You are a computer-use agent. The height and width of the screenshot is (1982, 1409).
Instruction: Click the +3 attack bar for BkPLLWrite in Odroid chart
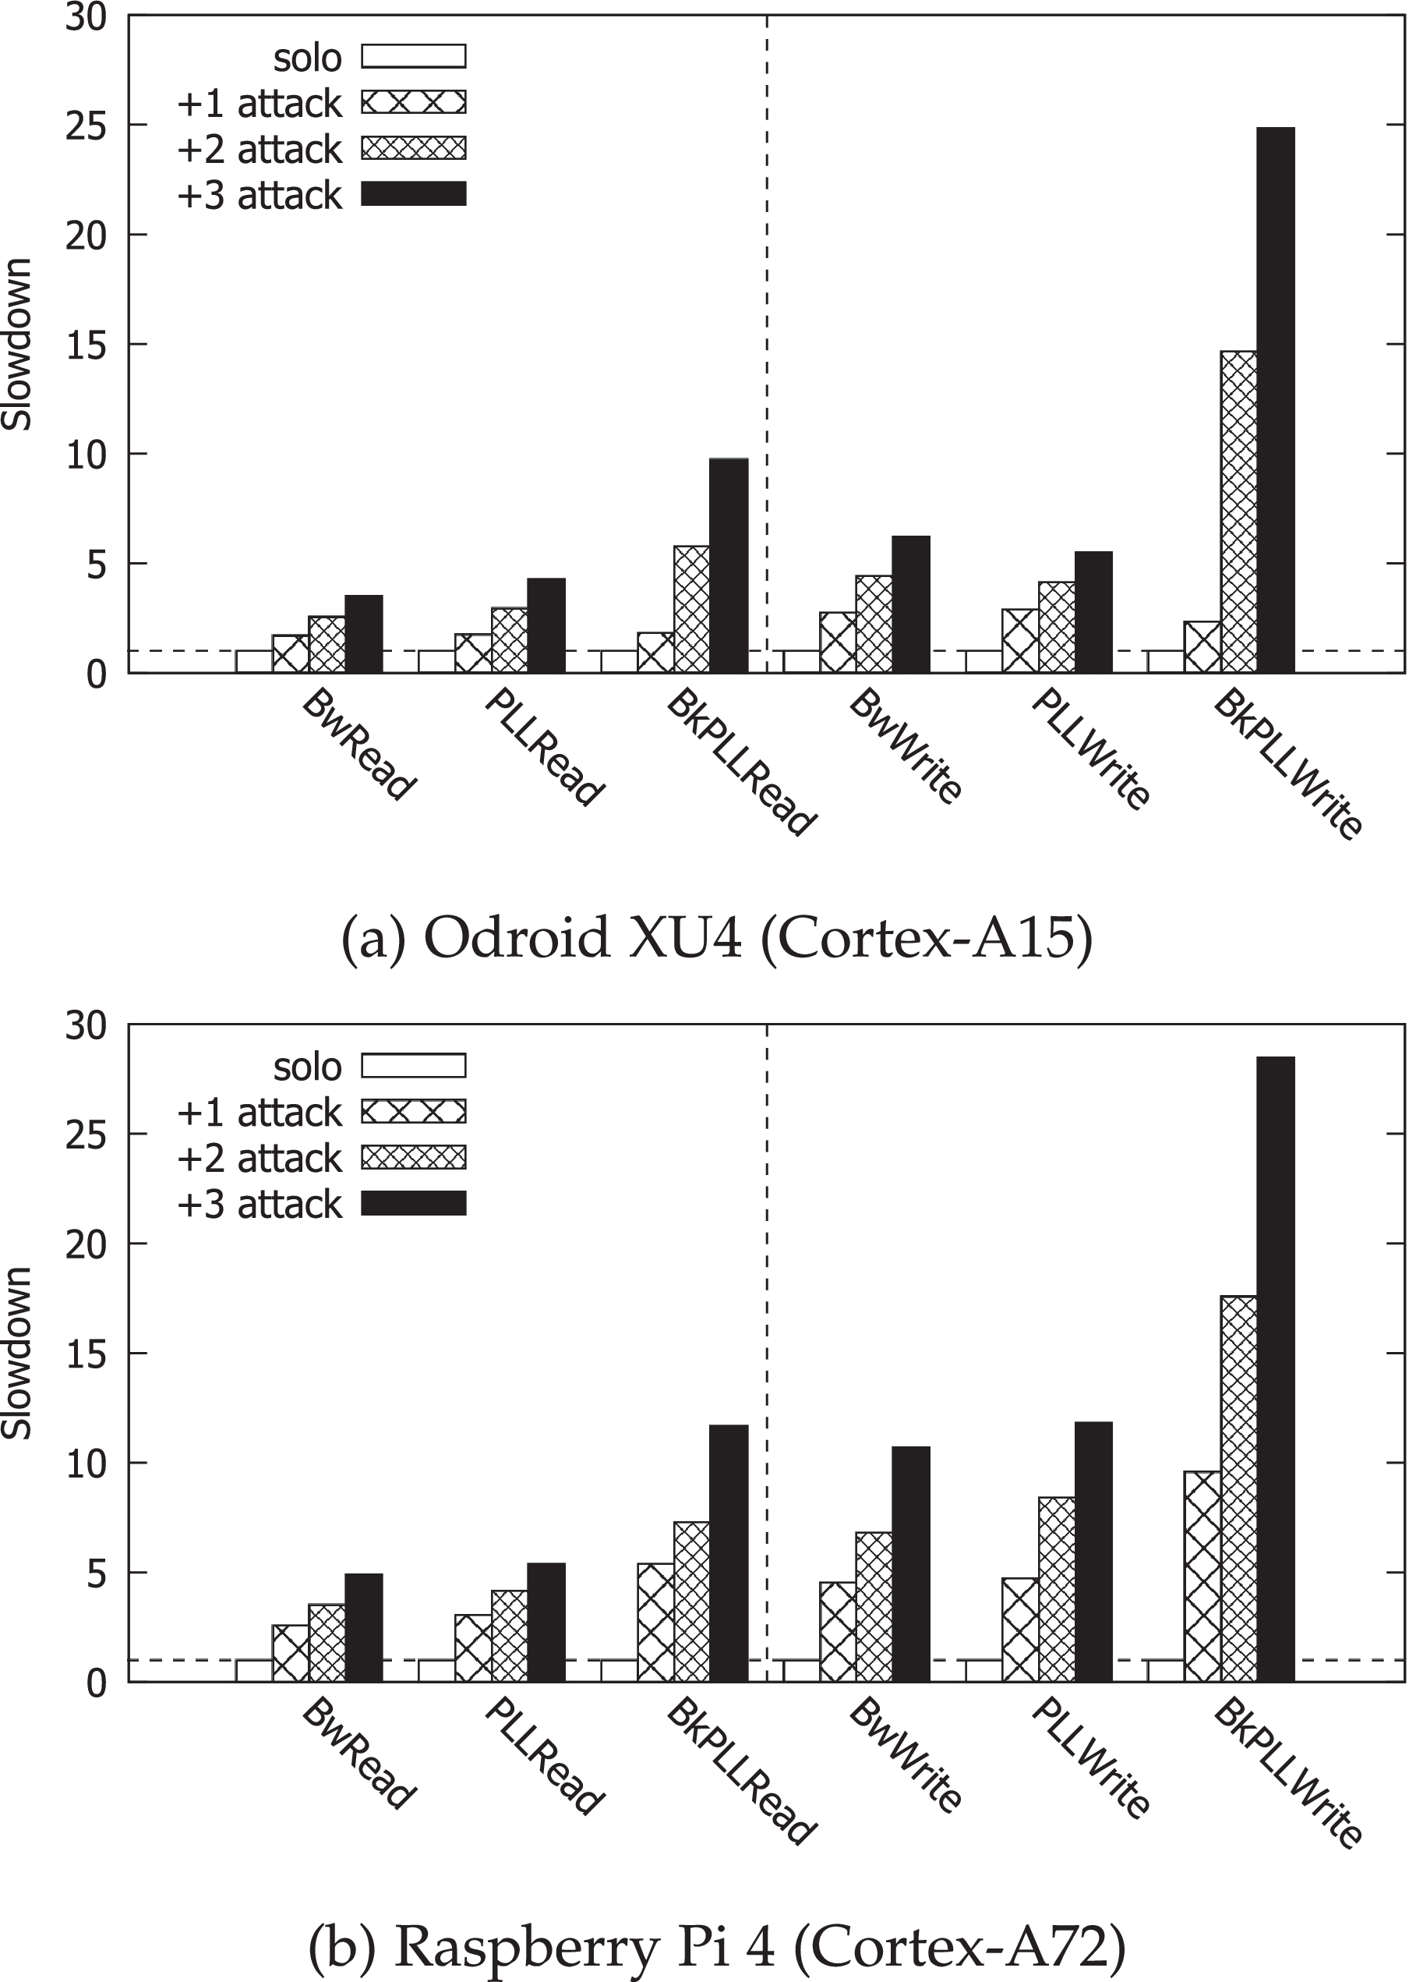pyautogui.click(x=1276, y=399)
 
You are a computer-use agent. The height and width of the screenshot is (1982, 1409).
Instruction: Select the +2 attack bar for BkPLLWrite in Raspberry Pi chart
pyautogui.click(x=1239, y=1489)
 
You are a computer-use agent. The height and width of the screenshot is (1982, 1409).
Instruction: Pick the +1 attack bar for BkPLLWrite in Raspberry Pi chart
pyautogui.click(x=1202, y=1576)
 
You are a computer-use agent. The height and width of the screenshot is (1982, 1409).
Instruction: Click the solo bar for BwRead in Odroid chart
pyautogui.click(x=254, y=661)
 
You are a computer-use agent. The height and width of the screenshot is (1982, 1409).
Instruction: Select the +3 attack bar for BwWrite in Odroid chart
pyautogui.click(x=911, y=604)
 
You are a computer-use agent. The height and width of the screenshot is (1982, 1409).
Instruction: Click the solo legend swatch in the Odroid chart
pyautogui.click(x=414, y=56)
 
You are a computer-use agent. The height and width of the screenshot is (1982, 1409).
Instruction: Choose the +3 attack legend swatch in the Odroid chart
pyautogui.click(x=414, y=193)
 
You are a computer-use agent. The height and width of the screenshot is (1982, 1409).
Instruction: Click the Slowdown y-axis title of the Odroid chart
pyautogui.click(x=17, y=344)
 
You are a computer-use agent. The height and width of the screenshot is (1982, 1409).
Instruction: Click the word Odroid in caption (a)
pyautogui.click(x=517, y=940)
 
